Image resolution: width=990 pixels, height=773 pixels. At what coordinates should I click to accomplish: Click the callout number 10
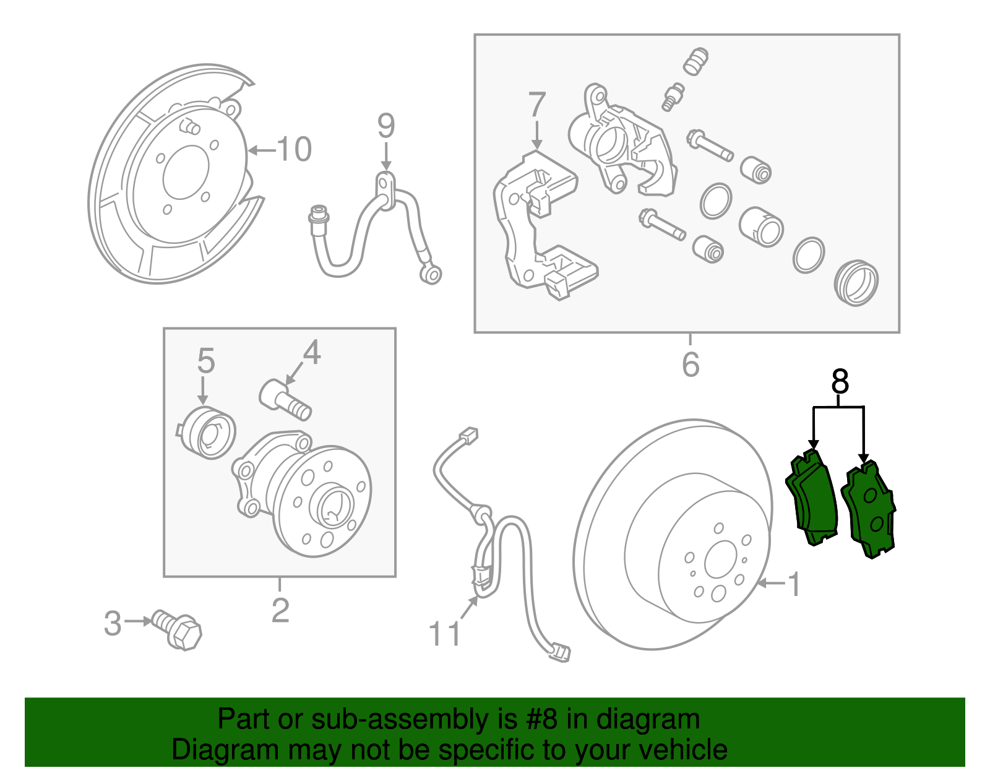295,149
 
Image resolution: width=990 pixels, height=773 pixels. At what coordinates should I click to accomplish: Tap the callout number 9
386,126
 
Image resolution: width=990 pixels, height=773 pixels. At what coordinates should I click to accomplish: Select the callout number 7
536,105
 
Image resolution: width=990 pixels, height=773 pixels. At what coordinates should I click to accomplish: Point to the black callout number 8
840,382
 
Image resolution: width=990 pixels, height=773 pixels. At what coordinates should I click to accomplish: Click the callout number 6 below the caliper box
691,364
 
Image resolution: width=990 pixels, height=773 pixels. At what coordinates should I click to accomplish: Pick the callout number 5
205,361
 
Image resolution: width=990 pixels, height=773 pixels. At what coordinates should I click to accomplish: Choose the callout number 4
311,353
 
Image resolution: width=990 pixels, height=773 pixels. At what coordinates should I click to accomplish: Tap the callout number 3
113,623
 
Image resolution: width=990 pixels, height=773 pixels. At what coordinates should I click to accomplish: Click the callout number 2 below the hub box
280,610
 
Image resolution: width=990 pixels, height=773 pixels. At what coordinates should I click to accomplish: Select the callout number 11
445,634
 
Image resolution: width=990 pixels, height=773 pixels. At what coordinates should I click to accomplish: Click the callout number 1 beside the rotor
794,584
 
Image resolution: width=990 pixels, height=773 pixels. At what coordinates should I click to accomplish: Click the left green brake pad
812,498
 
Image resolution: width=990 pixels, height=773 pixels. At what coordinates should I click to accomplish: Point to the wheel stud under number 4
285,400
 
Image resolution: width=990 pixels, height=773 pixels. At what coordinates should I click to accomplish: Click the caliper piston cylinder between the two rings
761,226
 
